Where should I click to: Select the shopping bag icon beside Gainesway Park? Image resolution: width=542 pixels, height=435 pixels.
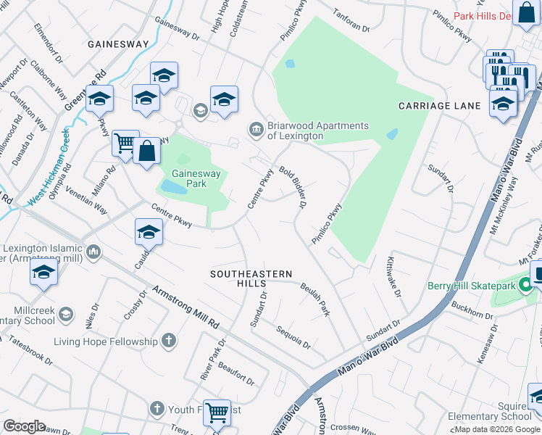[x=146, y=152]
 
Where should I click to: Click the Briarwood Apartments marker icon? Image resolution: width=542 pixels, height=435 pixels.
[x=256, y=130]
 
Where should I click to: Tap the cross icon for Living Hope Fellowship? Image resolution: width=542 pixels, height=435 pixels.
[x=168, y=341]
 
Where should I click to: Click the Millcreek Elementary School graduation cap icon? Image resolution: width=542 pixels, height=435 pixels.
[x=65, y=313]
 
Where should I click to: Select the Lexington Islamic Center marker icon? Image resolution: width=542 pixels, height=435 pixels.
[x=93, y=252]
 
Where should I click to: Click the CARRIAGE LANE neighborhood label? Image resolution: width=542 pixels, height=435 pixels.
[x=439, y=106]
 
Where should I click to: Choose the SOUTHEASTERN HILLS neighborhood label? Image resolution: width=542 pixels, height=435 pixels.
[x=251, y=278]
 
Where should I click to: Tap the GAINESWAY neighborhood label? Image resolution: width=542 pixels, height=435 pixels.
[x=118, y=44]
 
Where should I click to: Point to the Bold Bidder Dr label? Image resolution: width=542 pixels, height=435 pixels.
[x=293, y=186]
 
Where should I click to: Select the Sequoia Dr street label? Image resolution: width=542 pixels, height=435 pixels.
[x=293, y=335]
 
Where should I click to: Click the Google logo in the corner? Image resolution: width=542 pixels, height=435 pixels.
[x=24, y=426]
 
